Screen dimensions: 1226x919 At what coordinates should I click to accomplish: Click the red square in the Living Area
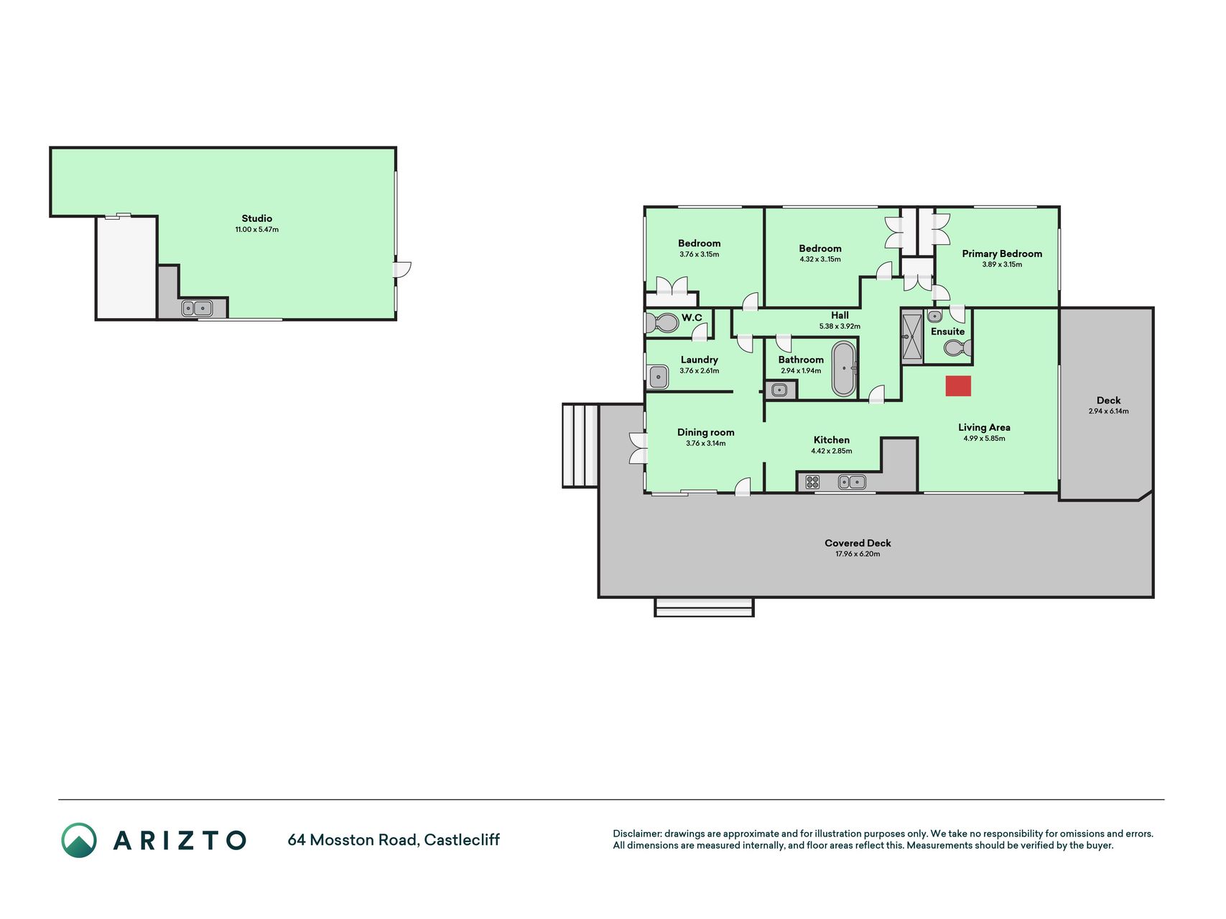958,386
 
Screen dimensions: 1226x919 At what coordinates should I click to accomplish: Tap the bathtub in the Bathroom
844,369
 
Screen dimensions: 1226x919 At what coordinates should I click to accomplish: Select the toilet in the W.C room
661,323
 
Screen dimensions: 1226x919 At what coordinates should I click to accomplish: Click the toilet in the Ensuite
957,348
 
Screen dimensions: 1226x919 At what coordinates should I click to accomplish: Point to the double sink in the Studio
197,309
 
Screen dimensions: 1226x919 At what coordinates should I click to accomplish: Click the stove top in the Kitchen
812,482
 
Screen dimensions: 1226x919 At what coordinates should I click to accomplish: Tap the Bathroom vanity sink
780,391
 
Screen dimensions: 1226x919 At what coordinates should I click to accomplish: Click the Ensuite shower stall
912,336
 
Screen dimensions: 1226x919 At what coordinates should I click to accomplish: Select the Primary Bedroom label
1002,253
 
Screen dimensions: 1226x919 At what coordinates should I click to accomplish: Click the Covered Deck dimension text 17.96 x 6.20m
858,554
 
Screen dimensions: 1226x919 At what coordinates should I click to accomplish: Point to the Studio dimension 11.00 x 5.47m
256,230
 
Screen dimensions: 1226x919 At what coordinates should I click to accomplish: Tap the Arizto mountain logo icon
79,840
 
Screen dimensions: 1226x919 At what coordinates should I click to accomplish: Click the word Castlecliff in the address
462,840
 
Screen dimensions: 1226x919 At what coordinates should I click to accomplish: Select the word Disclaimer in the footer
636,834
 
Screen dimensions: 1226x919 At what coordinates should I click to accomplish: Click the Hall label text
840,315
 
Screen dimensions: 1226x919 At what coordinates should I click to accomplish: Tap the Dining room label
706,432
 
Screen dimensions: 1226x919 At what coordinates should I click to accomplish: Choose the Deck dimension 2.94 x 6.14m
1108,411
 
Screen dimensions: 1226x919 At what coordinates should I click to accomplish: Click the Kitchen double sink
852,482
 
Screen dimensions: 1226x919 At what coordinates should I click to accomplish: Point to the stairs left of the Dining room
580,446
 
